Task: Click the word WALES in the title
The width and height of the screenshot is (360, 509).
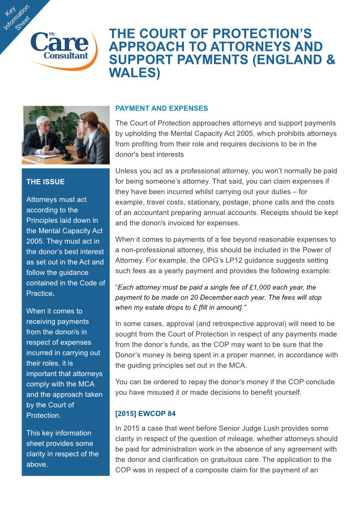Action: (x=134, y=73)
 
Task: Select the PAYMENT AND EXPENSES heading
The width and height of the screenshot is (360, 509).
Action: (x=161, y=108)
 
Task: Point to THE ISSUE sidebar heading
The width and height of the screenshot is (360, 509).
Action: (x=45, y=182)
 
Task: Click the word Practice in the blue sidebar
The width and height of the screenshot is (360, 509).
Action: (x=40, y=294)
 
